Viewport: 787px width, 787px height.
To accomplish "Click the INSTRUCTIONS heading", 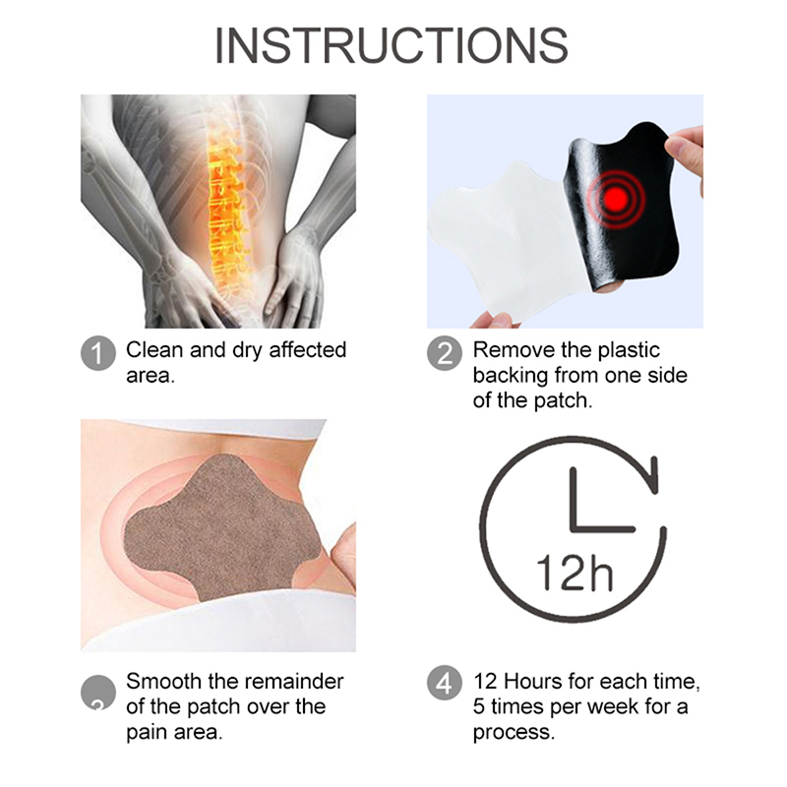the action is (392, 45).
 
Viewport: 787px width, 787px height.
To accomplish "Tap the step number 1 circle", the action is (98, 353).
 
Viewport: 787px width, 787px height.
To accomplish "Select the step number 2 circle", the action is (445, 353).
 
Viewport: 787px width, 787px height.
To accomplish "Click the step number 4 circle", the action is (445, 683).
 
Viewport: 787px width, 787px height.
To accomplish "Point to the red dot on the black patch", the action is (616, 198).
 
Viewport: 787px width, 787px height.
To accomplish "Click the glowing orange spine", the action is (227, 211).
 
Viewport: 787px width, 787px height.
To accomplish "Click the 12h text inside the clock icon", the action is (575, 573).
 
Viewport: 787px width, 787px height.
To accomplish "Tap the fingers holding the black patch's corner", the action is (685, 151).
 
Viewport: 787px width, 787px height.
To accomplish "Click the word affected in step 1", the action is (308, 350).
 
